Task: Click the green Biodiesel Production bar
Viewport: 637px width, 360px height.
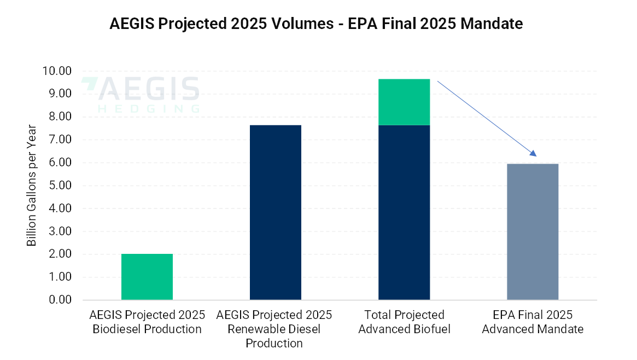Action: (x=147, y=277)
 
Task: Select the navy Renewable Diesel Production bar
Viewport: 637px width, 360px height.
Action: (x=275, y=212)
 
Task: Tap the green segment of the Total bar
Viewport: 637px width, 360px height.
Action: (x=404, y=102)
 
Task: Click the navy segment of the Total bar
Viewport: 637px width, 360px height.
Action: (x=404, y=212)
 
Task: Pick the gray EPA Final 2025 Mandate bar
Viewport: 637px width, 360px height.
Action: (x=532, y=231)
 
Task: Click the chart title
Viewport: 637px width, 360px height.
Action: (x=316, y=24)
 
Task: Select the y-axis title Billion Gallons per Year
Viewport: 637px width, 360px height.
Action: (x=32, y=185)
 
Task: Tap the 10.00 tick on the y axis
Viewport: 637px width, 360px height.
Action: (x=57, y=71)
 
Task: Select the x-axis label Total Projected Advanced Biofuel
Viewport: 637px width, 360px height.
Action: (x=404, y=322)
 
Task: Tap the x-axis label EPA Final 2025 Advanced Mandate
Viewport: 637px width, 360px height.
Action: (x=532, y=322)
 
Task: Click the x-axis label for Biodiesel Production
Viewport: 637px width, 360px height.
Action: (x=147, y=322)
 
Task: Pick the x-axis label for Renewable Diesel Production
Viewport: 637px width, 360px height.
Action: (x=274, y=329)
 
